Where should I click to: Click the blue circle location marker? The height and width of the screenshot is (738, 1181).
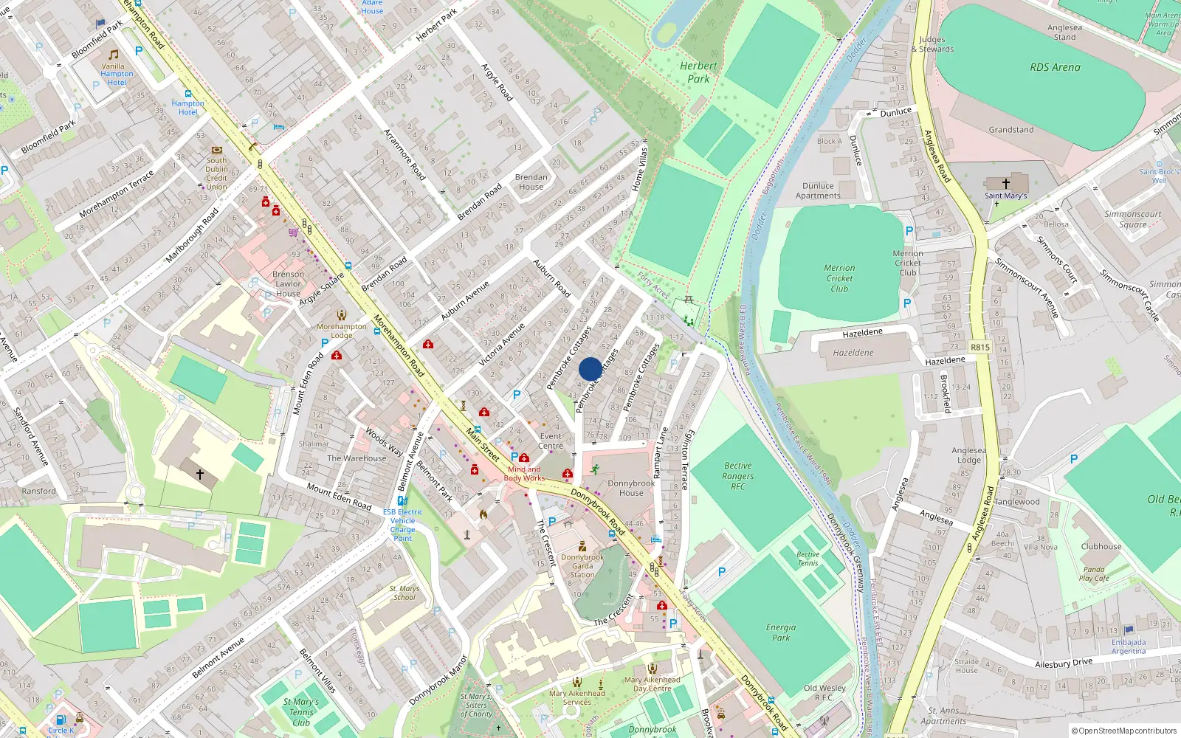(590, 369)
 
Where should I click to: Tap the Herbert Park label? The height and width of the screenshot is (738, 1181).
(698, 72)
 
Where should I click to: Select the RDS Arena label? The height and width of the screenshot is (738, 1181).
(1055, 67)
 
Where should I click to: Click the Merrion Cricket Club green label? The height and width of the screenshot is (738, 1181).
(839, 278)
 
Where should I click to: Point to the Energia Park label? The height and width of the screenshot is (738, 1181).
(780, 632)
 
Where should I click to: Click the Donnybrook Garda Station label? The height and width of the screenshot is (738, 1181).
(582, 566)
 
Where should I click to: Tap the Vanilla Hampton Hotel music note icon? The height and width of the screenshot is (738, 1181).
(114, 55)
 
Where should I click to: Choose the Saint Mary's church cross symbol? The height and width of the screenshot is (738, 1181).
(1005, 183)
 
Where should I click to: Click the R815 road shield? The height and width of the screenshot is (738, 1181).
(980, 347)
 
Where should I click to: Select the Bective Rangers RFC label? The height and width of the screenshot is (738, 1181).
(738, 476)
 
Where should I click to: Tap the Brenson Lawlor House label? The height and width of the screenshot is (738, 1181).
(288, 283)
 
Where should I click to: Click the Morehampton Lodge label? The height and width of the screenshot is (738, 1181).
(341, 331)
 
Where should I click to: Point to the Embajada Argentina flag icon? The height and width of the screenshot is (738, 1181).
(1129, 630)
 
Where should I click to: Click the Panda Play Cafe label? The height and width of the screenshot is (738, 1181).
(1094, 573)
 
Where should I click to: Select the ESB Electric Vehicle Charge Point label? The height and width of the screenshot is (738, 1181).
(402, 525)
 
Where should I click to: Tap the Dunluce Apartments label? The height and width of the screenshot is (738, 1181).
(818, 191)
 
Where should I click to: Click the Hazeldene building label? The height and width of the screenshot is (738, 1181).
(853, 353)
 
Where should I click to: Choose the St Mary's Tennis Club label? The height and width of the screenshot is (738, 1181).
(301, 712)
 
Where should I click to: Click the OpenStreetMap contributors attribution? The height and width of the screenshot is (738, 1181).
(1124, 731)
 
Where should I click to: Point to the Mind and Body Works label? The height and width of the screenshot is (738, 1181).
(524, 473)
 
